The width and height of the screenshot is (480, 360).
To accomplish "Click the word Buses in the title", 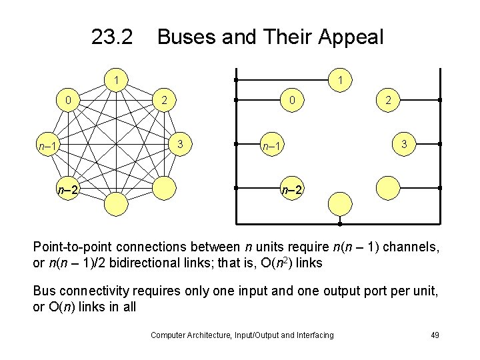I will pos(185,37).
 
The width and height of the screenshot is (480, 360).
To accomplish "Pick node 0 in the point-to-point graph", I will pos(69,101).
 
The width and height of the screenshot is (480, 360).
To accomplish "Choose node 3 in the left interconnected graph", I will pos(180,145).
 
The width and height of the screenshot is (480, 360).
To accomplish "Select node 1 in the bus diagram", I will pos(341,81).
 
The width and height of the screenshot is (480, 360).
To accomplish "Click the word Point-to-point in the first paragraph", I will pos(77,247).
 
